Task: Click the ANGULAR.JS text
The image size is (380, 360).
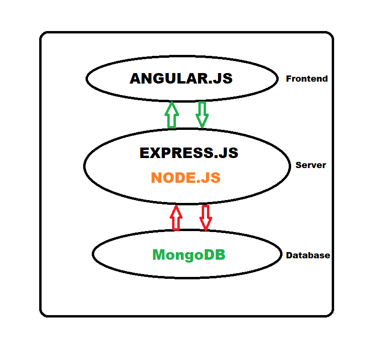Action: coord(181,79)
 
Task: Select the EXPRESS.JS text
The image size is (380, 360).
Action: coord(188,153)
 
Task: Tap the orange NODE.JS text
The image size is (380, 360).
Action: coord(185,178)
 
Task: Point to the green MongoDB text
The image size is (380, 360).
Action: coord(188,255)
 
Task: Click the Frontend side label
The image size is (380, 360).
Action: coord(306,79)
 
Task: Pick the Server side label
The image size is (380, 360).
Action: coord(310,165)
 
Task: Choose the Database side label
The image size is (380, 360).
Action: coord(307,255)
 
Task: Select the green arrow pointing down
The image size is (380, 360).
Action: coord(202,115)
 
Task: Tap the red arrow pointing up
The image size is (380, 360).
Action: coord(176,218)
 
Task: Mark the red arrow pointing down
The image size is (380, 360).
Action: coord(206,218)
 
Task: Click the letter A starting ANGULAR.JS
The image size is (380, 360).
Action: coord(137,79)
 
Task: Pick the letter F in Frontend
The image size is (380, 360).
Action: coord(289,79)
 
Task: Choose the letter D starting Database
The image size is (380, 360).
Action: coord(289,255)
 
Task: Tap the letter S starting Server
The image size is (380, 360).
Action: coord(298,165)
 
